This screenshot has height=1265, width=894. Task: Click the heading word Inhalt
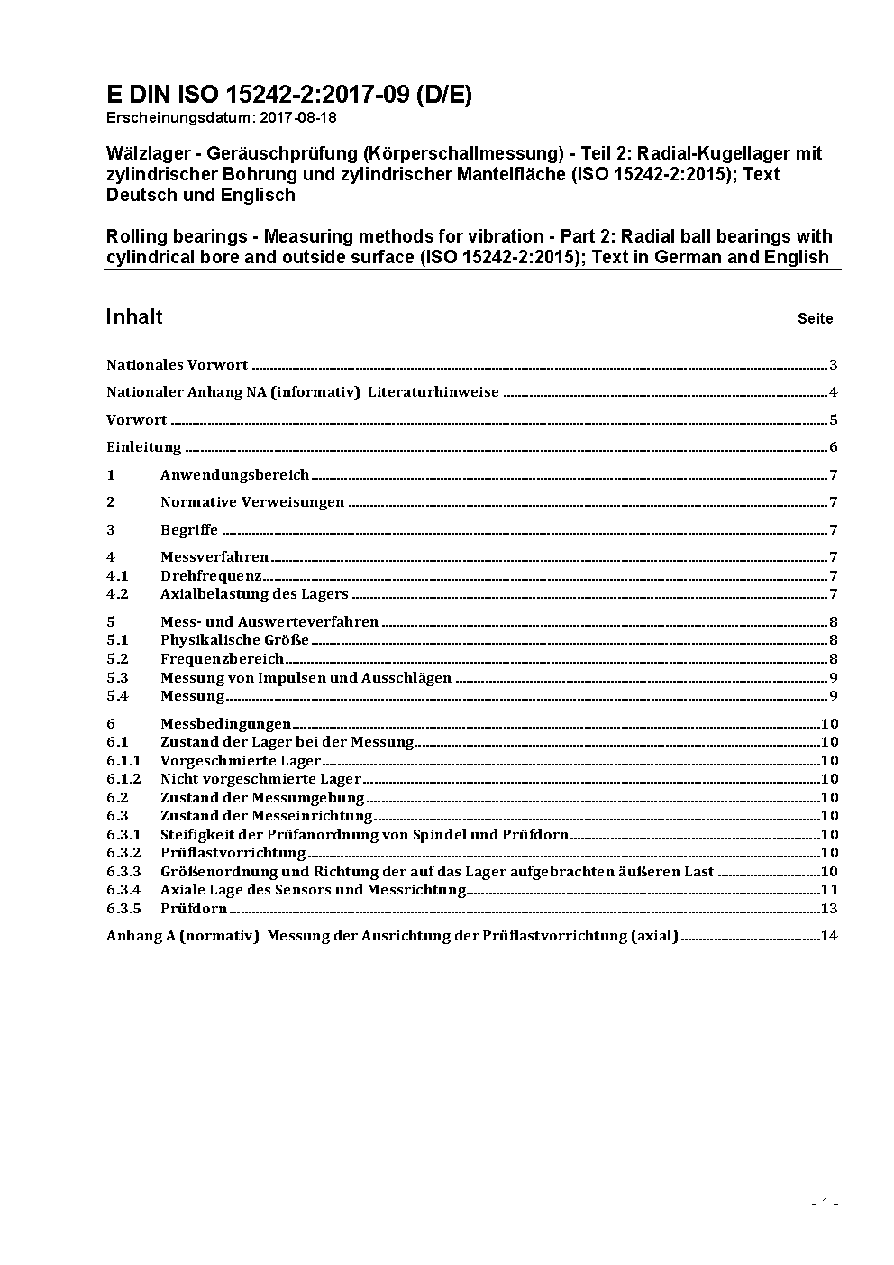tap(134, 316)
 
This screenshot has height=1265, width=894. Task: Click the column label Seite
tap(815, 319)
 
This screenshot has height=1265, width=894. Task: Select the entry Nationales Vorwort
tap(177, 365)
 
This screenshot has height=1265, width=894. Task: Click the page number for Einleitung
tap(834, 447)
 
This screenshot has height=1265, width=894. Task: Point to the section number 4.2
tap(117, 594)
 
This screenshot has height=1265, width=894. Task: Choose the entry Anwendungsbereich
tap(234, 475)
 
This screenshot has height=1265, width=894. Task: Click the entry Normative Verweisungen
tap(252, 502)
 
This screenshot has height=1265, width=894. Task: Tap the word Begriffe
tap(189, 530)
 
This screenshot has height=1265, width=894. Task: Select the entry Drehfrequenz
tap(211, 576)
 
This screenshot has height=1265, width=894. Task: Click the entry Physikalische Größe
tap(234, 640)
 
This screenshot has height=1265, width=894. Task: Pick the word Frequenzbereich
tap(222, 659)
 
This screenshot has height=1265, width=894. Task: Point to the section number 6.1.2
tap(123, 779)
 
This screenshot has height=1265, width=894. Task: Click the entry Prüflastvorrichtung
tap(233, 853)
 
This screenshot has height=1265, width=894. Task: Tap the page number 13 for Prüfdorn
tap(829, 909)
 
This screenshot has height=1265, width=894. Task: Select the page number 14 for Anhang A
tap(829, 936)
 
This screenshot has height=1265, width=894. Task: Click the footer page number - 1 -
tap(825, 1203)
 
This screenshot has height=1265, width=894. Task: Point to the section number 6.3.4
tap(123, 890)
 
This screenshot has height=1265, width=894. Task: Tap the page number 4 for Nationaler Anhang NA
tap(834, 392)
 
